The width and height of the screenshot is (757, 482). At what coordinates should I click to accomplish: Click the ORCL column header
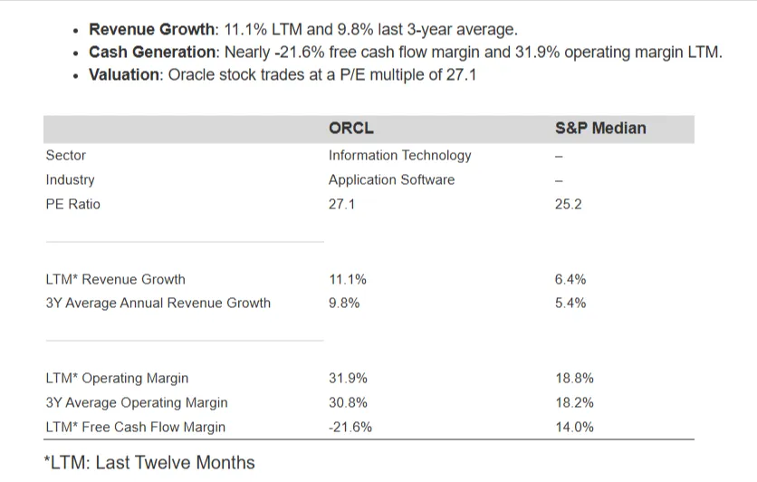(350, 129)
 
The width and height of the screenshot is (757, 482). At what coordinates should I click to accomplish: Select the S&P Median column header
(599, 129)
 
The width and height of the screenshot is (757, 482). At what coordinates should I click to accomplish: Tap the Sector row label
(66, 155)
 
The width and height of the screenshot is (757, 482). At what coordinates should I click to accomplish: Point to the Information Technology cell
(399, 155)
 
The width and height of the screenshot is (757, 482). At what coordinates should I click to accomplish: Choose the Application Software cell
(391, 179)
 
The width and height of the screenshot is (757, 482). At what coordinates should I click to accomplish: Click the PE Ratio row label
(72, 204)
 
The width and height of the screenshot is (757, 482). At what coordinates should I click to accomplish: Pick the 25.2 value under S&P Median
(568, 204)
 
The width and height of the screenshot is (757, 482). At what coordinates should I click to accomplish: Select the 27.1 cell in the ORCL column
(341, 204)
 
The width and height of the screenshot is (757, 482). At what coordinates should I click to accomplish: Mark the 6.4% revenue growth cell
(570, 279)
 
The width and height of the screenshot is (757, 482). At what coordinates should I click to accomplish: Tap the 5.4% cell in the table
(570, 303)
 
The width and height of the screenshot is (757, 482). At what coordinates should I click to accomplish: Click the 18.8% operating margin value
(573, 378)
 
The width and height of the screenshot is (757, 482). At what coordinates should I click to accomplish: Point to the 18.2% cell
(573, 402)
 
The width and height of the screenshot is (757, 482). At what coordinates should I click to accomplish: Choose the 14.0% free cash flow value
(573, 427)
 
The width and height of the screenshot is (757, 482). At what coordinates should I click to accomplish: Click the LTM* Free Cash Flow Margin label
(135, 427)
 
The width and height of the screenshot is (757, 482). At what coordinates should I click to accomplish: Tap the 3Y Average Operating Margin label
(136, 402)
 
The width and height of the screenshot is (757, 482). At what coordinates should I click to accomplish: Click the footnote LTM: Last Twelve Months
(149, 462)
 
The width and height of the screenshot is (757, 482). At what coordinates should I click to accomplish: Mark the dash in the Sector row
(559, 156)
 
